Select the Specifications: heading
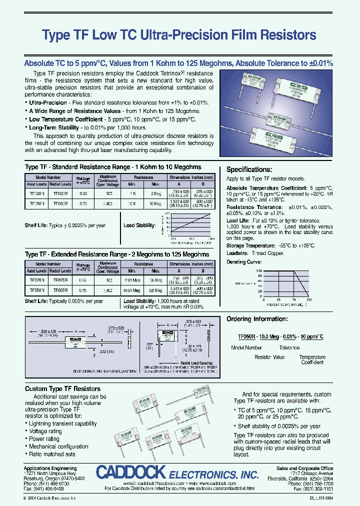(249, 169)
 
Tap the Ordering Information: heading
(257, 319)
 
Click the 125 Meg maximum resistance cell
(157, 290)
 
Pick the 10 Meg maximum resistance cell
(157, 204)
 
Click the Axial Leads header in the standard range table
(36, 184)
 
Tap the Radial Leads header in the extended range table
(60, 270)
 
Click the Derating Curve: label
(244, 262)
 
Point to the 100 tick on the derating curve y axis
(259, 270)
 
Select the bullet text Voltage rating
(45, 431)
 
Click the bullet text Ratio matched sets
(52, 454)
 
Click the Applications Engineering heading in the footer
(50, 468)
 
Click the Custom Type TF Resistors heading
(62, 388)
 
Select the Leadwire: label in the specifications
(238, 253)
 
